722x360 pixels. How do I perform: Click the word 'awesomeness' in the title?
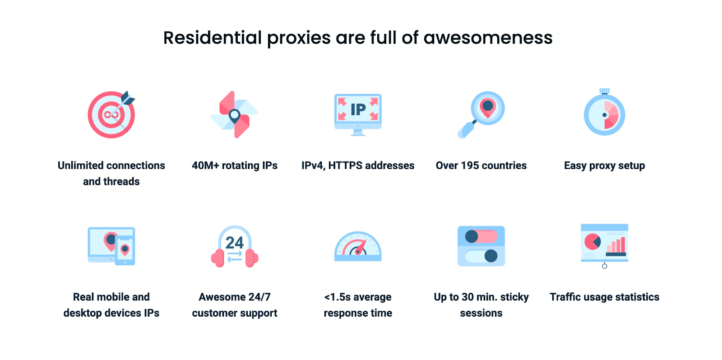point(488,38)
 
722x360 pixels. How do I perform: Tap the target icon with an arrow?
point(111,115)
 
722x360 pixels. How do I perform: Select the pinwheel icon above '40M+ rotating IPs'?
point(234,115)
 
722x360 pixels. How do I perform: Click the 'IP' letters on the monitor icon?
point(358,110)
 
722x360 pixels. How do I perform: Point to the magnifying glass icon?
point(481,115)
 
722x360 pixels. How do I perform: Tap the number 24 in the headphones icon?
point(234,242)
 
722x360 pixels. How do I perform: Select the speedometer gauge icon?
point(358,246)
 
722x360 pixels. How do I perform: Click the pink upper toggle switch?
point(481,236)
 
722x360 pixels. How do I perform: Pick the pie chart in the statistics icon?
point(592,242)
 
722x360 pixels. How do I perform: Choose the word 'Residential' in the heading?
point(213,38)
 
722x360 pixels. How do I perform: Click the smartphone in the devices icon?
point(125,251)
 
